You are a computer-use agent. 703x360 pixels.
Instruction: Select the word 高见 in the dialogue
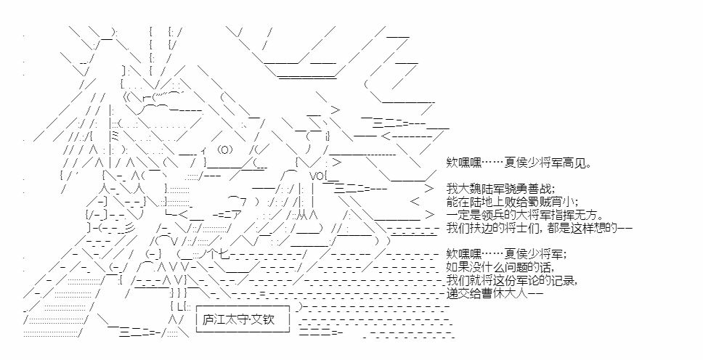coord(574,163)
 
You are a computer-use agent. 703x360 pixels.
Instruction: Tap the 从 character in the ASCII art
coord(307,215)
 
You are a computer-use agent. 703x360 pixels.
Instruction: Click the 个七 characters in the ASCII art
coord(219,254)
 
